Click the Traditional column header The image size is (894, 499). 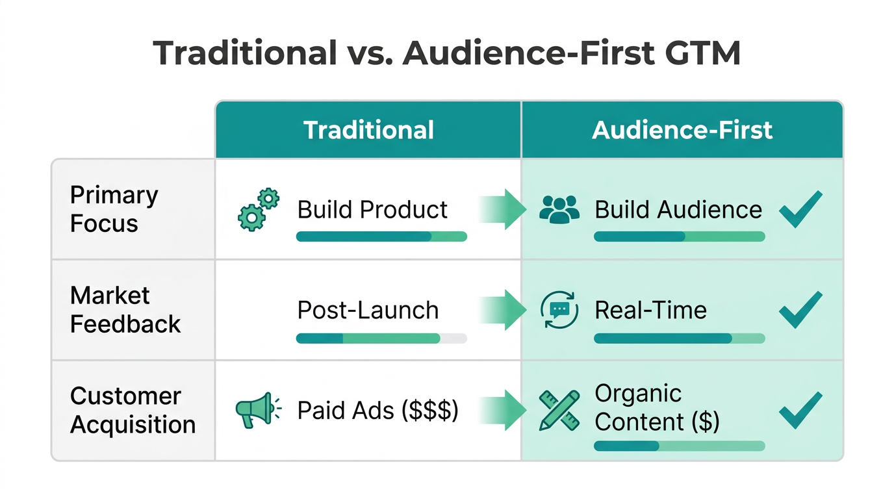pos(368,130)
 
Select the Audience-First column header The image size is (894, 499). pos(682,130)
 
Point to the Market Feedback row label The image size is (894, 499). pos(125,309)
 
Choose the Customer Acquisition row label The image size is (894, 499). pos(133,410)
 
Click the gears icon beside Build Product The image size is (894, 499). pos(258,209)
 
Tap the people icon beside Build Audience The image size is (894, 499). pos(559,209)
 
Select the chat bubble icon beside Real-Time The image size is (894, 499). pos(559,310)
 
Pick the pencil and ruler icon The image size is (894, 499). pos(559,410)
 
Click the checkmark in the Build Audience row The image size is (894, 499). pos(800,209)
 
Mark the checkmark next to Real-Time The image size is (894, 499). pos(800,309)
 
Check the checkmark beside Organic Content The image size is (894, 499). pos(800,410)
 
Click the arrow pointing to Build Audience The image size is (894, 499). pos(504,209)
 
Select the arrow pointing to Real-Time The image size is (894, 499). pos(504,310)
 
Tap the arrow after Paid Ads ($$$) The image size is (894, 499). pos(504,410)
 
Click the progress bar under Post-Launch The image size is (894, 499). pos(381,338)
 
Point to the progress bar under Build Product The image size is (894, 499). pos(381,237)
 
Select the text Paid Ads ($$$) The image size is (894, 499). pos(377,411)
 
